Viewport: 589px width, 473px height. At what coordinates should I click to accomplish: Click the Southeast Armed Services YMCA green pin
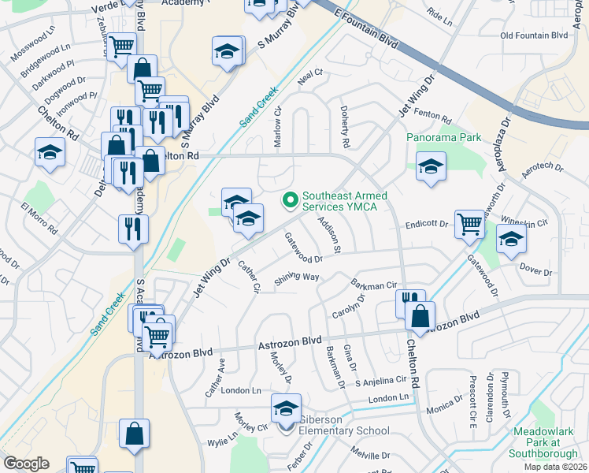(x=290, y=201)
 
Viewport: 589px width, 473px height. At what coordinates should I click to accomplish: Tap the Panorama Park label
(x=443, y=137)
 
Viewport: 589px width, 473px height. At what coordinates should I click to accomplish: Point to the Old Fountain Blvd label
(x=534, y=35)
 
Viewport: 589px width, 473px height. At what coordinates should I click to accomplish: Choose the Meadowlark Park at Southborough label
(x=546, y=442)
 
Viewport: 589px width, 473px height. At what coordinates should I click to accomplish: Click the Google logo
(x=26, y=463)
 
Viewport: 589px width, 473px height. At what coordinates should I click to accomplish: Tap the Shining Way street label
(x=297, y=278)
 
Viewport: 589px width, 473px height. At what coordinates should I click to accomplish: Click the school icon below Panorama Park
(x=431, y=167)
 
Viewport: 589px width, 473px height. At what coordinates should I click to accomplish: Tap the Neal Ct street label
(x=311, y=73)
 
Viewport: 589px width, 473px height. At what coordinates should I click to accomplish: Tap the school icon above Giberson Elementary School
(x=286, y=408)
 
